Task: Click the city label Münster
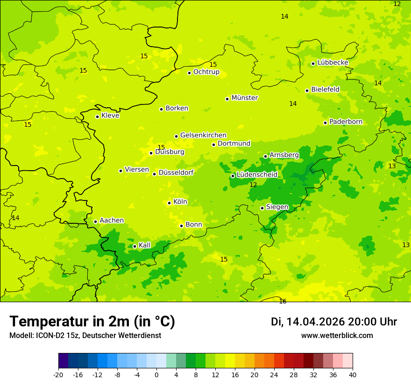click(x=244, y=98)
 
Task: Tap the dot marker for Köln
click(x=169, y=203)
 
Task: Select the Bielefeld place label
click(x=325, y=90)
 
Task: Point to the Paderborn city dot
click(x=325, y=123)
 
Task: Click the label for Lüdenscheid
click(x=257, y=175)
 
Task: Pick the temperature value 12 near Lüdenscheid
click(x=253, y=185)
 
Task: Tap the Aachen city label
click(x=112, y=221)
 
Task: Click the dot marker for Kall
click(x=135, y=246)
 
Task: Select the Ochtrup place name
click(x=206, y=72)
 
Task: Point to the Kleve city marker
click(x=97, y=117)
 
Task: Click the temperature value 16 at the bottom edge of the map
click(x=283, y=302)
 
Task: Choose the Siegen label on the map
click(x=277, y=207)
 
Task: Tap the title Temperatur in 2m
click(x=92, y=322)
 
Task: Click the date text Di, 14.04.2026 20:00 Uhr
click(x=333, y=322)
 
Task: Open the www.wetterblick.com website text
click(x=337, y=336)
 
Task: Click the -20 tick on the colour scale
click(x=58, y=375)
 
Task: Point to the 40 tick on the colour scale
click(x=352, y=375)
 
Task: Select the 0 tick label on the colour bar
click(x=156, y=375)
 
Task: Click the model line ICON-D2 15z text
click(x=85, y=336)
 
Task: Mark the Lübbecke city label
click(x=333, y=62)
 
